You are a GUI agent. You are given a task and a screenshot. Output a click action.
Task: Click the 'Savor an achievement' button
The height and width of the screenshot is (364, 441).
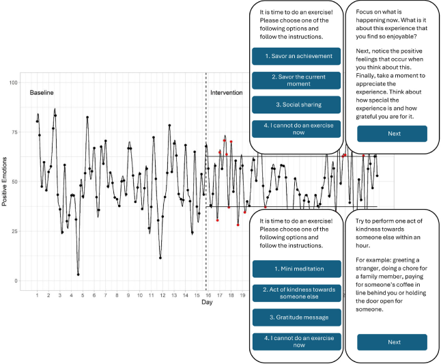click(x=296, y=56)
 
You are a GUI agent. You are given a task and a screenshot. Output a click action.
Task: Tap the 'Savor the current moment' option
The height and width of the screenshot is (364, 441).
click(x=296, y=81)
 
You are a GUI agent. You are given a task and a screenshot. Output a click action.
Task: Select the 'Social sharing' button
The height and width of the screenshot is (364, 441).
click(x=296, y=104)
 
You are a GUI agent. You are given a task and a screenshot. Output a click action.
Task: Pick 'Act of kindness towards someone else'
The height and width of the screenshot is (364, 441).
click(x=296, y=293)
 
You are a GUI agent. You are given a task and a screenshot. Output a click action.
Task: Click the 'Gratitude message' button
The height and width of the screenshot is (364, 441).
click(x=296, y=317)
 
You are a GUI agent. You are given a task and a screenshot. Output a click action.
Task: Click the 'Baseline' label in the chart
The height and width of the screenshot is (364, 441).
click(x=41, y=92)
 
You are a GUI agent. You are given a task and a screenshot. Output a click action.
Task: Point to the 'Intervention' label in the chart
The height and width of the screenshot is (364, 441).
click(x=226, y=92)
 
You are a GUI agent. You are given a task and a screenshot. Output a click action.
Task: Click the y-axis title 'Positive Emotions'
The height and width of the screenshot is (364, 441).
click(x=6, y=182)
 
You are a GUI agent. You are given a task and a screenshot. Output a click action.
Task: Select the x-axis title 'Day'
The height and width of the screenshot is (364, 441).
click(x=206, y=303)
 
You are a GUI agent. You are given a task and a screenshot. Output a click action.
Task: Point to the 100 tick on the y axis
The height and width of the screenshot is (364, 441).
click(x=13, y=83)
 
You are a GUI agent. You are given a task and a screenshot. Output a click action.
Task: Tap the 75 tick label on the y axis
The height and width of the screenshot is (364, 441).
click(x=14, y=132)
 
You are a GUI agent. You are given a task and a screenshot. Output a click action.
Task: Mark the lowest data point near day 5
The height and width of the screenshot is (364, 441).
click(x=79, y=274)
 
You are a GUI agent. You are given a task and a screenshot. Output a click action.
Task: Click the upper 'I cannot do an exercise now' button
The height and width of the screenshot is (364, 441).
click(x=296, y=129)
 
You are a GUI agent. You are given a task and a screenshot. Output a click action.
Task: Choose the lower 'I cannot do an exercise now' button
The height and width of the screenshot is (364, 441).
click(x=296, y=341)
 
